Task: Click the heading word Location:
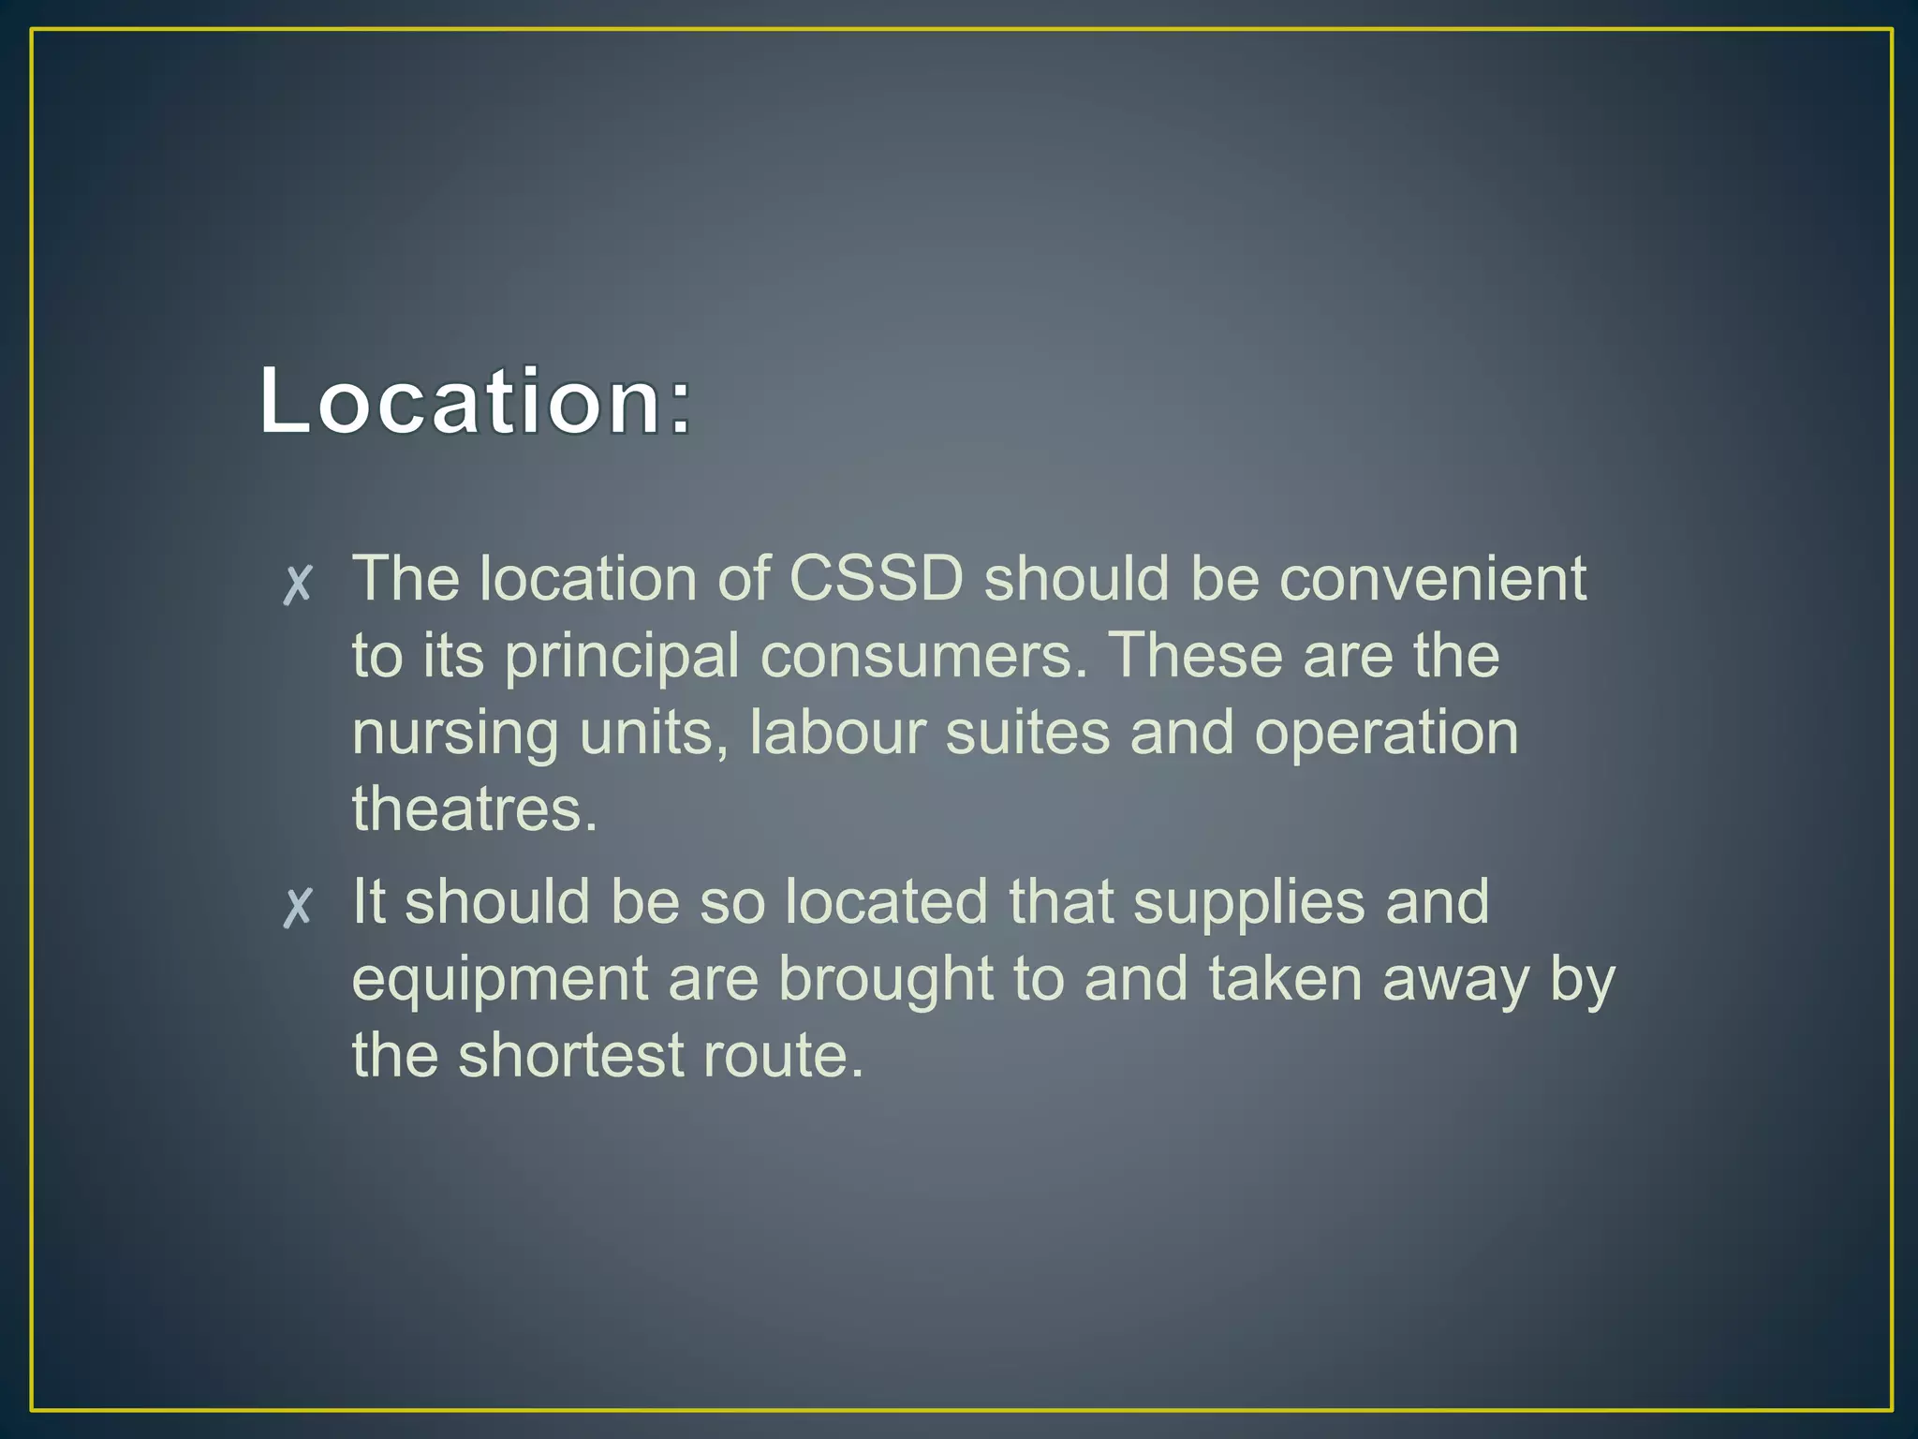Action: pos(476,401)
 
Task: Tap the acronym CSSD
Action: pos(876,578)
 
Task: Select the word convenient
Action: pos(1433,578)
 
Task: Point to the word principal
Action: pos(622,656)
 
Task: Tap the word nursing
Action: pos(455,734)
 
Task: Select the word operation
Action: pos(1386,734)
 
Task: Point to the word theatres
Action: pos(474,809)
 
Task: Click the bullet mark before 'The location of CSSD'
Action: pos(298,585)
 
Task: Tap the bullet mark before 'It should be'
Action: pos(298,907)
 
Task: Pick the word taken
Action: pos(1285,980)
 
